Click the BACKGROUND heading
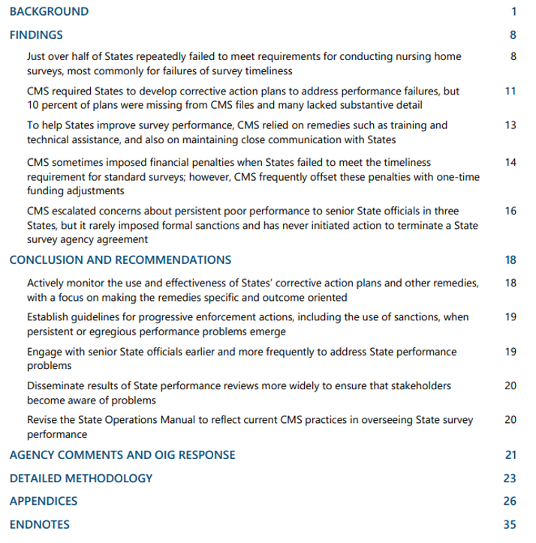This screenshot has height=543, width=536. pos(49,11)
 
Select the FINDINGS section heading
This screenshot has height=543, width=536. pos(36,34)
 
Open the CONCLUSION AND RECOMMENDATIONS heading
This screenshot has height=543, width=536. pos(120,260)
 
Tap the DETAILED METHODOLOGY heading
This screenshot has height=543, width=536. pos(81,478)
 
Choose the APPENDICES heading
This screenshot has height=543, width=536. pos(44,501)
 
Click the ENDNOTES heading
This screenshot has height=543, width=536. pos(40,524)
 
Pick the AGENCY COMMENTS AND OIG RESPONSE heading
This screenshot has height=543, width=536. pos(122,454)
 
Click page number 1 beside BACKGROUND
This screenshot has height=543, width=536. pos(513,11)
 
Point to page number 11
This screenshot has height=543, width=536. pos(510,91)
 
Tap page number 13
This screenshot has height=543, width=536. pos(510,125)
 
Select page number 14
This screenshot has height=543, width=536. pos(510,162)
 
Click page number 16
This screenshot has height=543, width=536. pos(510,211)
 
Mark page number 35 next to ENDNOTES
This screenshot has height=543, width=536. pos(510,524)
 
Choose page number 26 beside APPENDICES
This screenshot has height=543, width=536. pos(510,501)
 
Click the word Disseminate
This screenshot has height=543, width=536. pos(56,386)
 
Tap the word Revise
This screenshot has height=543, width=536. pos(42,420)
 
